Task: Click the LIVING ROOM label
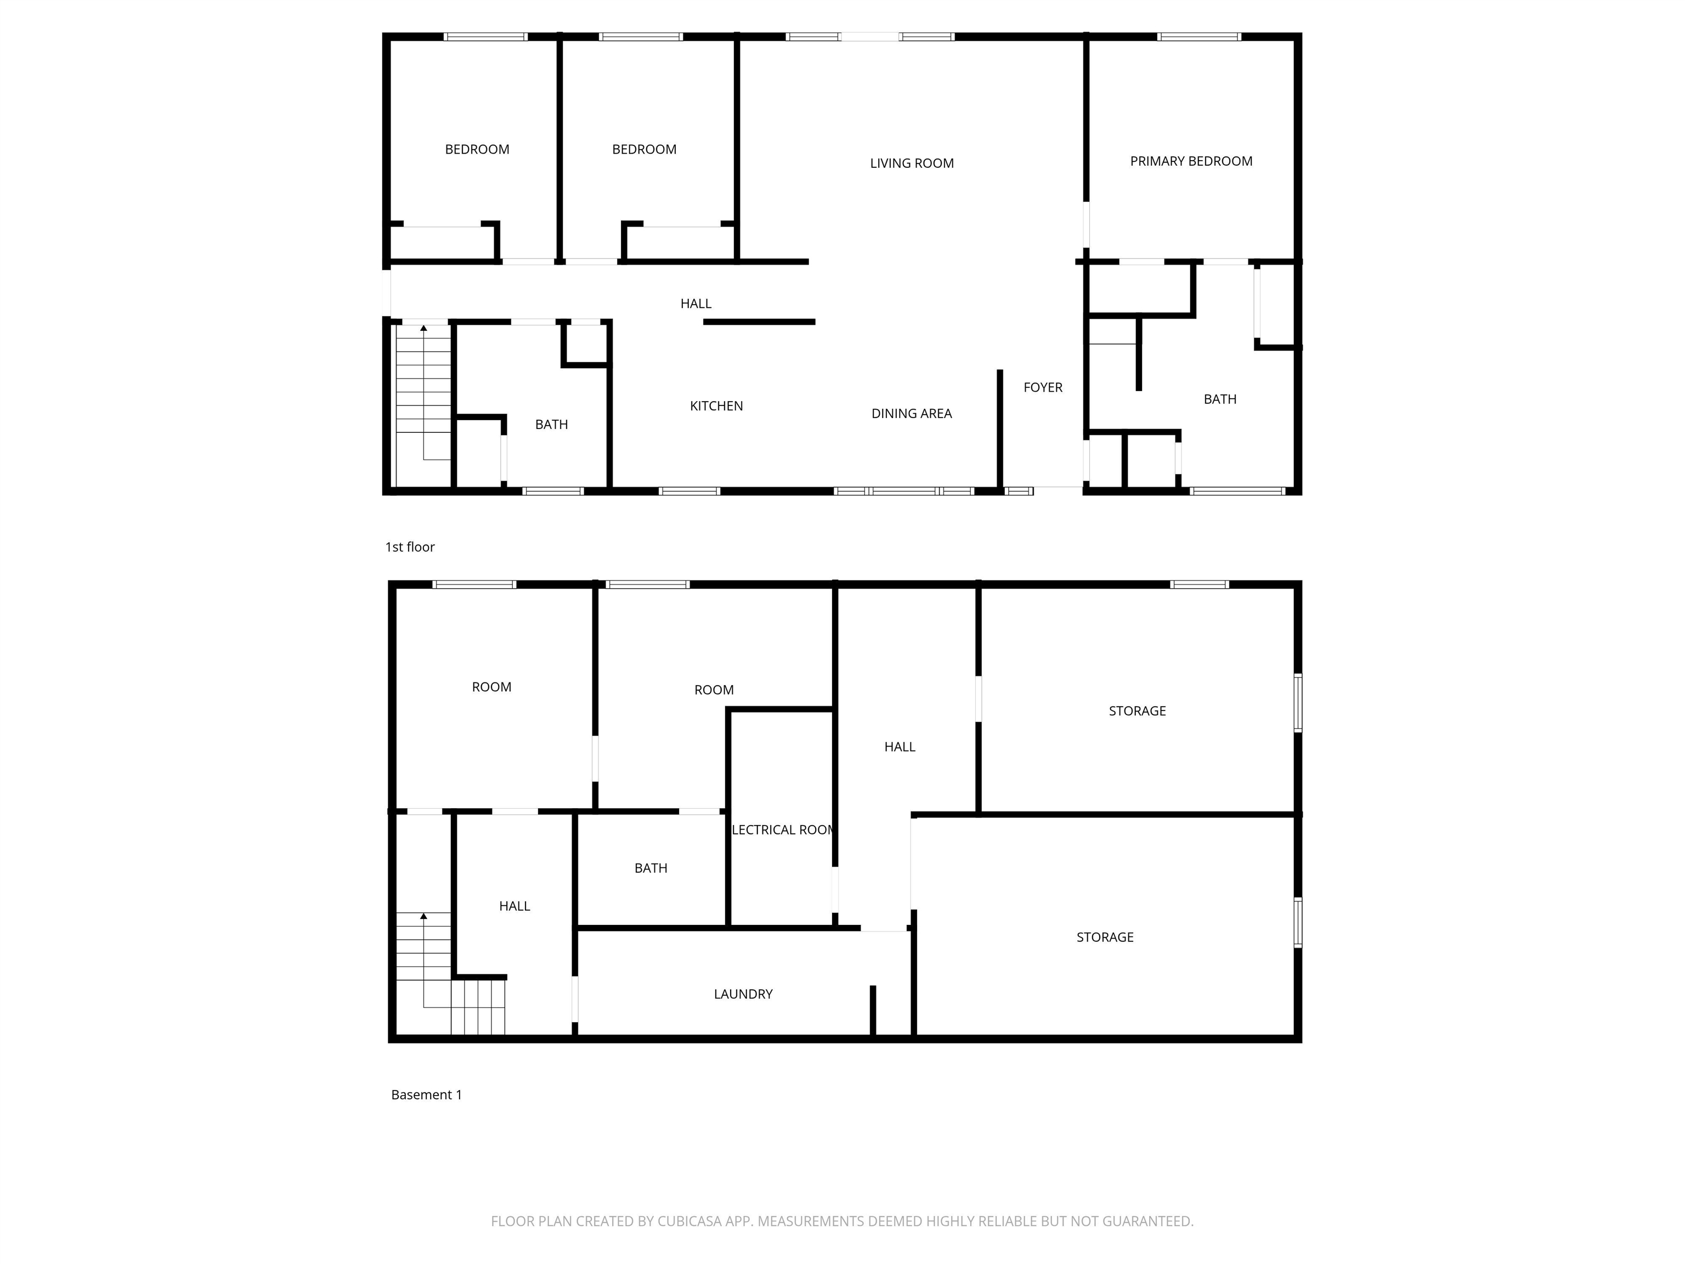point(911,163)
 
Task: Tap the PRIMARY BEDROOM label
point(1191,161)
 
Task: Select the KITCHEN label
point(716,406)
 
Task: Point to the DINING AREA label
point(911,414)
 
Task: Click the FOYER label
point(1042,387)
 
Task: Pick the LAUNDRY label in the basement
point(743,994)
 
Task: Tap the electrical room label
point(783,830)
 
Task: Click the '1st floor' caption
point(410,547)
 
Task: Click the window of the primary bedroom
point(1199,37)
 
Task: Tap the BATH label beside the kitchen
point(551,425)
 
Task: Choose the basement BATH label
point(651,868)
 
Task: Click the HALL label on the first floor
point(696,303)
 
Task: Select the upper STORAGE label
point(1136,711)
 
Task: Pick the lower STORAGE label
point(1105,937)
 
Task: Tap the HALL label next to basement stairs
point(514,906)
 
